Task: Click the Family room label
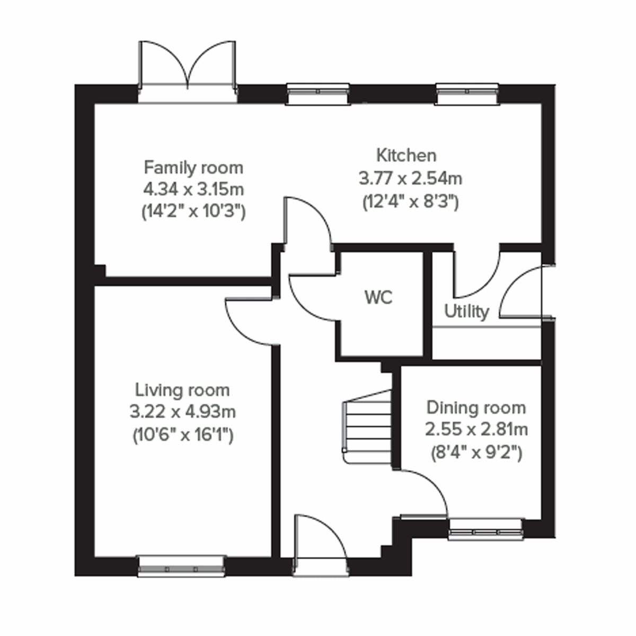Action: (x=193, y=167)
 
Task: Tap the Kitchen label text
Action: (x=407, y=155)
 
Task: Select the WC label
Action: (x=378, y=297)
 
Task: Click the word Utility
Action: (x=466, y=312)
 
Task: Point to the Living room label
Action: (x=182, y=390)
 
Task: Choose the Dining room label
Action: (x=476, y=408)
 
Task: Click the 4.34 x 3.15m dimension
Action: (x=193, y=189)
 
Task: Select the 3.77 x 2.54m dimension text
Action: (x=410, y=179)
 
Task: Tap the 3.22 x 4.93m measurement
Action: (x=182, y=412)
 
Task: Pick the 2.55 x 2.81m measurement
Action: (x=476, y=429)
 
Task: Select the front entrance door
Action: (x=320, y=546)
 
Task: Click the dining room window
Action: (x=484, y=530)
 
